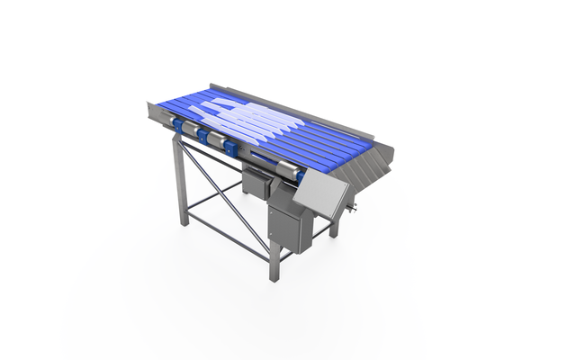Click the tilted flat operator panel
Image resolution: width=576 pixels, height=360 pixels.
tap(322, 197)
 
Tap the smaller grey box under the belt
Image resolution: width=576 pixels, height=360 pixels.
tap(258, 184)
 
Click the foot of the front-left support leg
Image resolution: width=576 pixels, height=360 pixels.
tap(184, 221)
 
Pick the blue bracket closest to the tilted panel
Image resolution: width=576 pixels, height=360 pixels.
tap(232, 148)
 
